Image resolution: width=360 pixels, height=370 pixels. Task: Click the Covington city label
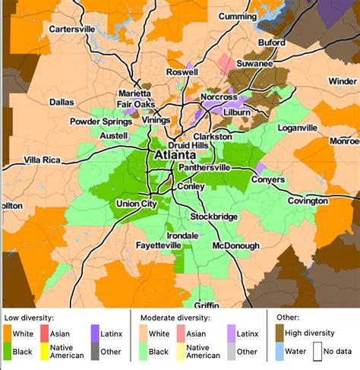[307, 201]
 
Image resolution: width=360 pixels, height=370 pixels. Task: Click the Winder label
[343, 81]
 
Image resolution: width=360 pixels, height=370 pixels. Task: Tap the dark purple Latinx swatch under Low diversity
[96, 334]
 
